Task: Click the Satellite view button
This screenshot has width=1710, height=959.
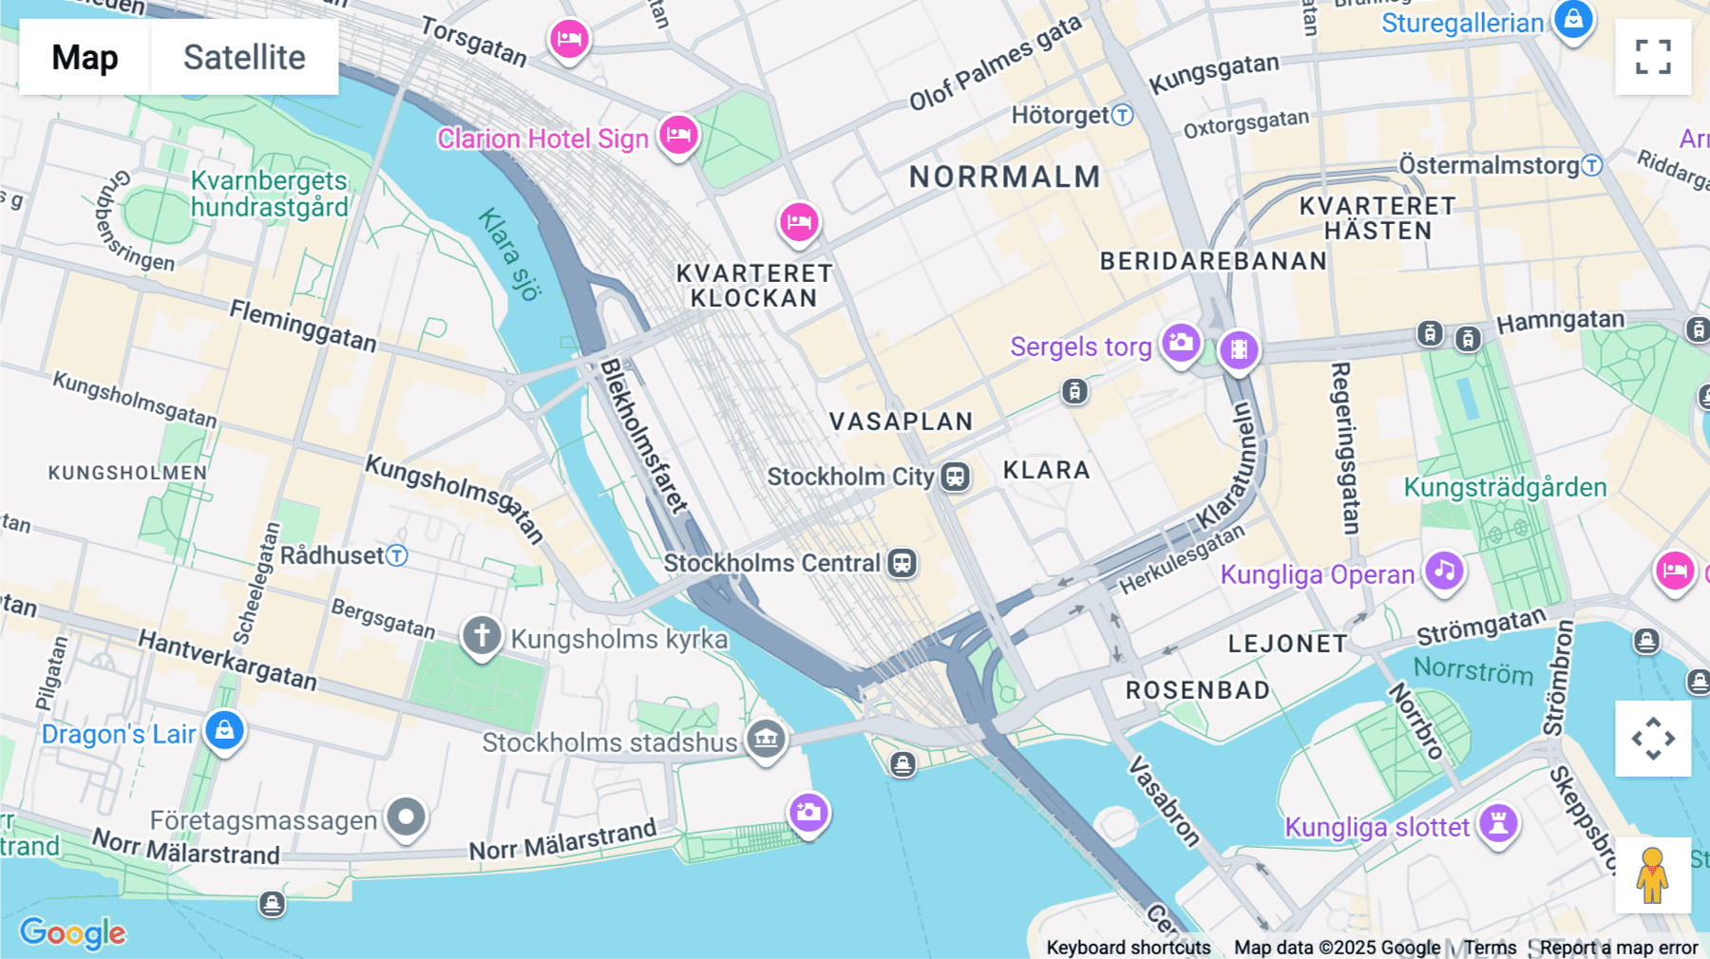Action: (x=244, y=57)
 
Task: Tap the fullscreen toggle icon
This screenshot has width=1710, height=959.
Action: (x=1653, y=57)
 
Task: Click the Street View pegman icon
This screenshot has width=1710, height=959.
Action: (x=1653, y=875)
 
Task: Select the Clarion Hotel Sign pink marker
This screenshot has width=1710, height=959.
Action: (x=678, y=135)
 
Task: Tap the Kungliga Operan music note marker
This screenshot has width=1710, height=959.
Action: (x=1444, y=571)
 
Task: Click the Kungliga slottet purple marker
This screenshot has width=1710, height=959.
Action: (x=1498, y=821)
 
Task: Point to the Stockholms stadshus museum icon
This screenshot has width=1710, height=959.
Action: (x=766, y=738)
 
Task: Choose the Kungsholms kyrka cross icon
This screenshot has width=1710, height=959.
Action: (x=482, y=634)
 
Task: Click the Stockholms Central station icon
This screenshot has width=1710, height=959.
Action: (x=902, y=563)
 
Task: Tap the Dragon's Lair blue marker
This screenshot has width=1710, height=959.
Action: (x=224, y=730)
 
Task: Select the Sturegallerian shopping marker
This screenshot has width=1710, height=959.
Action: (x=1573, y=19)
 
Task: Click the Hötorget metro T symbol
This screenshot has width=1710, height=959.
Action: (x=1123, y=115)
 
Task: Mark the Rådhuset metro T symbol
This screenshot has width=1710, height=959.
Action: (x=397, y=555)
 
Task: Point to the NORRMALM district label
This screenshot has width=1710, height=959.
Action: (x=1004, y=177)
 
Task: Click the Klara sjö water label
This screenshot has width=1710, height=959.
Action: (x=508, y=254)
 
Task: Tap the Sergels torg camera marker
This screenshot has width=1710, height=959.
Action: (x=1181, y=343)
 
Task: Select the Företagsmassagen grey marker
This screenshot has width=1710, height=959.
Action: (x=407, y=817)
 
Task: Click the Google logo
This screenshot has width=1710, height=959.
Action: (x=72, y=932)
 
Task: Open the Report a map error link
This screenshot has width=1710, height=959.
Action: (x=1618, y=948)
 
